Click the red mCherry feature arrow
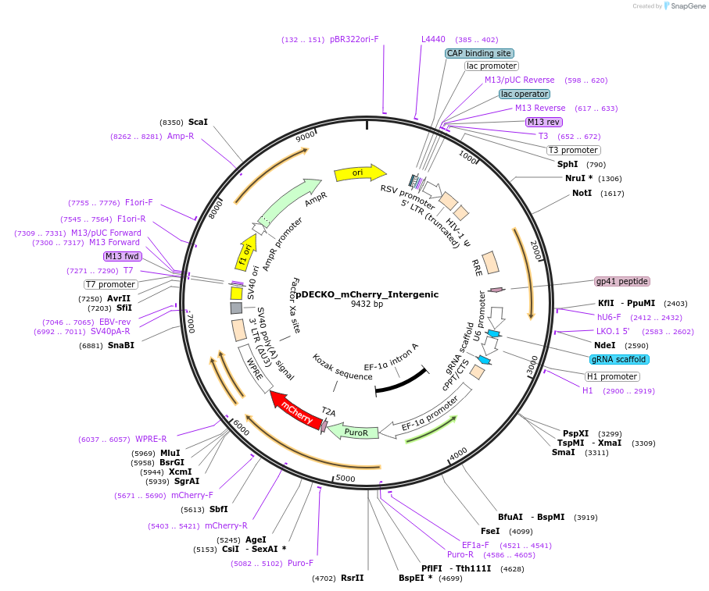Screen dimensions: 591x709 295,411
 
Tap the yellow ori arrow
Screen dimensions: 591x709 359,173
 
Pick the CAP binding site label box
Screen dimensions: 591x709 479,53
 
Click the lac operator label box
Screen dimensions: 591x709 525,94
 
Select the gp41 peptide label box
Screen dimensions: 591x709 622,281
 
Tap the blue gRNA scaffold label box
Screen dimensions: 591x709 619,359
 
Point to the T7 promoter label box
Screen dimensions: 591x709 111,284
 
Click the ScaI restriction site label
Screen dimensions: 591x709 198,122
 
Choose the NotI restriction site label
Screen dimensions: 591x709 582,193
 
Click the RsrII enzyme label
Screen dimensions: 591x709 352,578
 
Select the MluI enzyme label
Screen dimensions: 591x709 170,453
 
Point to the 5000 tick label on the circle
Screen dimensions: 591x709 346,478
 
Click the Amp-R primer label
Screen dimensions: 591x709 181,136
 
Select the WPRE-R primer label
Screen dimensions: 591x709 151,439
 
